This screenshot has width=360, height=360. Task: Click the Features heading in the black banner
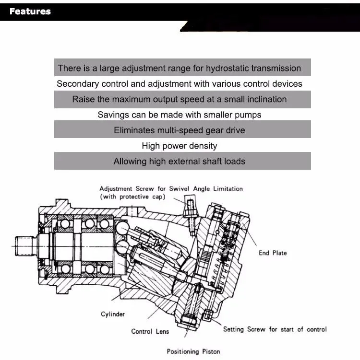(x=30, y=12)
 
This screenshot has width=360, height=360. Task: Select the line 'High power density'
(x=180, y=146)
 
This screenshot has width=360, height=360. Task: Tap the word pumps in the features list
(x=248, y=115)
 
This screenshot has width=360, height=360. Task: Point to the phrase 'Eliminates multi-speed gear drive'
(x=180, y=130)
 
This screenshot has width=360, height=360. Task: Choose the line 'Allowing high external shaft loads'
(x=180, y=162)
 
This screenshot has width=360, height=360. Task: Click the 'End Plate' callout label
(x=273, y=253)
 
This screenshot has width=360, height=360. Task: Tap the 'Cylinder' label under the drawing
(x=113, y=314)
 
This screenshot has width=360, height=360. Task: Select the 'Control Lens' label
(x=150, y=331)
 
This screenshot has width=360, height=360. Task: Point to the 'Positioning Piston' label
(x=193, y=351)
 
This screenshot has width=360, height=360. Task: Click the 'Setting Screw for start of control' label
(x=275, y=329)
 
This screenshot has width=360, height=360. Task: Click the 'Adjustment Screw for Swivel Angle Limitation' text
(x=171, y=189)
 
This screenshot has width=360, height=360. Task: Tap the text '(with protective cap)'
(x=132, y=197)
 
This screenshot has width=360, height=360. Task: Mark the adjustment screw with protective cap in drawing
(x=191, y=211)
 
